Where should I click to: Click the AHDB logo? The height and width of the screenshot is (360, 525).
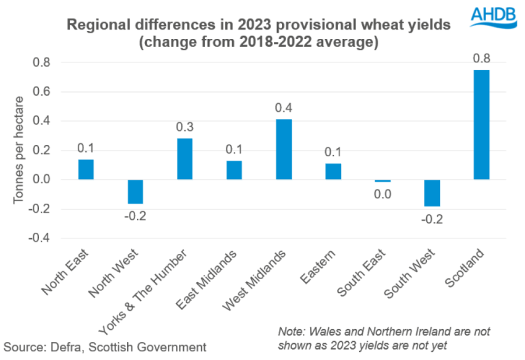(494, 17)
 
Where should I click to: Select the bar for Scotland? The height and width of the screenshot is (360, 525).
(481, 125)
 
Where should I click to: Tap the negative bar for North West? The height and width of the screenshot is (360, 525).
(135, 191)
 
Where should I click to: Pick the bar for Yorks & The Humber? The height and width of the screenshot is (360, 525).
(184, 159)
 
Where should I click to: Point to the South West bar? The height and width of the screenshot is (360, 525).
(431, 193)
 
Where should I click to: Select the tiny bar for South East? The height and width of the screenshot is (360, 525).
(382, 181)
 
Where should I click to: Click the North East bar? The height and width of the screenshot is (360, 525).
(86, 169)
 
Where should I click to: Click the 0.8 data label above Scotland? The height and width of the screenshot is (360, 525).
(481, 59)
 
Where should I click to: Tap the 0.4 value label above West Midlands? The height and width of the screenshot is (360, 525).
(283, 107)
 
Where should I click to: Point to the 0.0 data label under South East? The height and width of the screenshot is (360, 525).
(382, 195)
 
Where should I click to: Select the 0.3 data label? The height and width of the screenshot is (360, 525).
(184, 127)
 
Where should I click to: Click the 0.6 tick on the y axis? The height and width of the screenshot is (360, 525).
(41, 92)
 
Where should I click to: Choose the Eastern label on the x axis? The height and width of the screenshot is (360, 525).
(323, 263)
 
